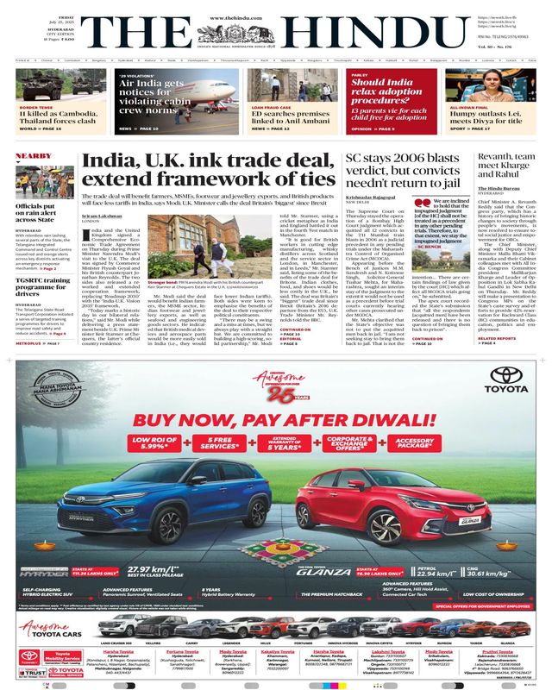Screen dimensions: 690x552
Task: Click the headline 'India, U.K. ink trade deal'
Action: point(207,169)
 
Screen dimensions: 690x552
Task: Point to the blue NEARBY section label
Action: point(34,156)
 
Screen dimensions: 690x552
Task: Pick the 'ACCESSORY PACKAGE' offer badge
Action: point(404,445)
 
